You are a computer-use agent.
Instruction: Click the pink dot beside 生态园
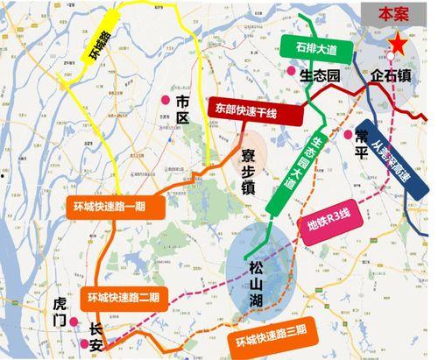pyautogui.click(x=291, y=72)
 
